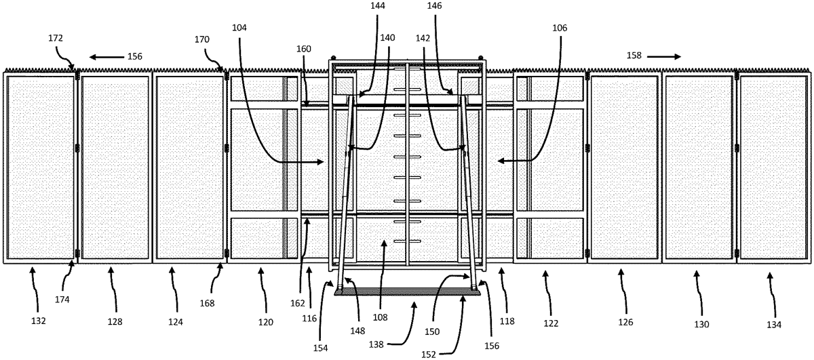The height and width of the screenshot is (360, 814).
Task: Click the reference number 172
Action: click(x=56, y=38)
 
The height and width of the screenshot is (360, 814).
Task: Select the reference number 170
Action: click(x=202, y=39)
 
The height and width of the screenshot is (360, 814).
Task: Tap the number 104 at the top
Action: click(x=239, y=28)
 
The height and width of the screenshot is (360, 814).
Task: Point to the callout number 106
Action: click(x=560, y=28)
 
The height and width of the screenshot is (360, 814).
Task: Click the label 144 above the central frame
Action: click(x=378, y=6)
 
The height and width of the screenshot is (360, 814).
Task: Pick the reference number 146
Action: click(x=435, y=6)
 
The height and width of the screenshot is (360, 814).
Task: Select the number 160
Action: click(x=304, y=49)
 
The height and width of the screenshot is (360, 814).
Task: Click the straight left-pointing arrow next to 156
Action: click(x=107, y=57)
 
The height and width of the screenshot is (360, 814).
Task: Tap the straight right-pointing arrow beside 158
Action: click(x=663, y=56)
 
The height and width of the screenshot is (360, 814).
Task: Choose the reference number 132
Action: click(x=39, y=321)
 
